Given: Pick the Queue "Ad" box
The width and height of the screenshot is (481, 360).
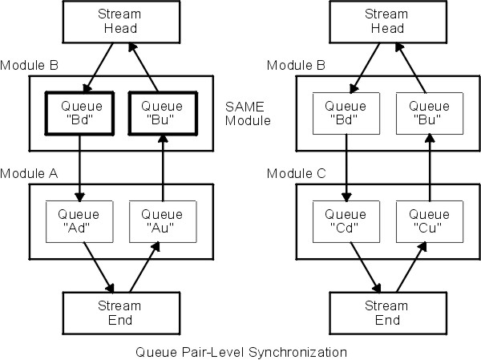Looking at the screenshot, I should click(79, 220).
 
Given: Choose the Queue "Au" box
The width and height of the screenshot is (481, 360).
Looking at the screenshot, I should click(163, 220).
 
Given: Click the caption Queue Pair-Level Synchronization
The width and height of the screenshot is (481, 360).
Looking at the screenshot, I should click(240, 351).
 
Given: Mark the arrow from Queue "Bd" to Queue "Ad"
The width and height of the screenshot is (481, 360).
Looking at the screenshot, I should click(79, 168).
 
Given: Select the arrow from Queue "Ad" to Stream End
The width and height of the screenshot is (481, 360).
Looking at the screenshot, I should click(94, 265).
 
